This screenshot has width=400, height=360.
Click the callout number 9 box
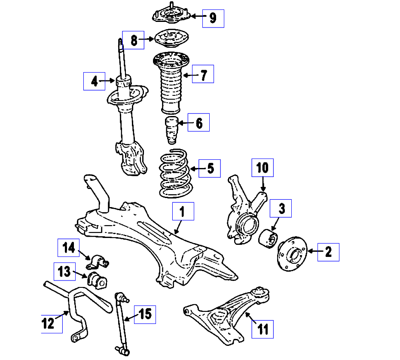pos(213,18)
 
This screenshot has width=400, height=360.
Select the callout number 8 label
pos(133,40)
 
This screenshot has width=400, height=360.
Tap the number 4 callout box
pos(94,81)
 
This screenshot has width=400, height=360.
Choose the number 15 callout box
pos(145,315)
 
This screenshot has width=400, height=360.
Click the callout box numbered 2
pos(328,252)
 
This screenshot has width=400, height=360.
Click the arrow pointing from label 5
pos(195,169)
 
